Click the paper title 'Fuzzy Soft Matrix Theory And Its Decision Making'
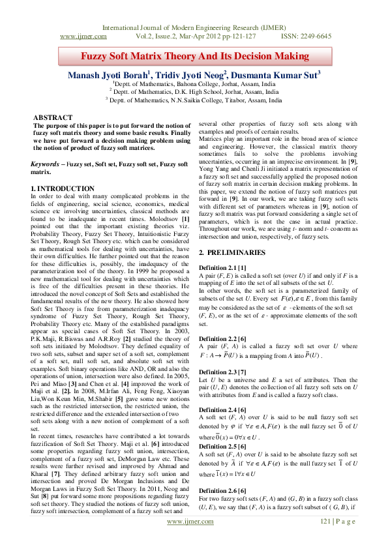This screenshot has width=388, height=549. [x=194, y=57]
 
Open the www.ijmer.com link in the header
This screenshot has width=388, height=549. [x=83, y=37]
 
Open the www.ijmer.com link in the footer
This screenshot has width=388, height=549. [x=194, y=541]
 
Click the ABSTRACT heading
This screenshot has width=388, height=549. [x=53, y=117]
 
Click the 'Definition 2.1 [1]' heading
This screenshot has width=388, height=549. [x=224, y=269]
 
